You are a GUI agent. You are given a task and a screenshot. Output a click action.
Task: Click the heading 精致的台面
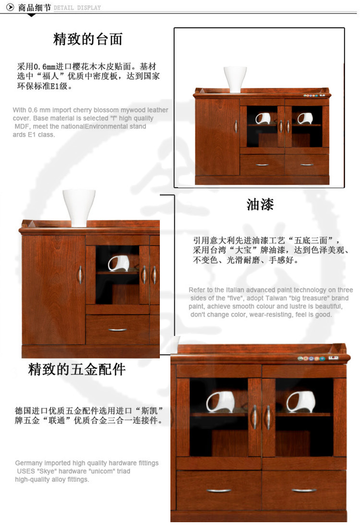click(88, 39)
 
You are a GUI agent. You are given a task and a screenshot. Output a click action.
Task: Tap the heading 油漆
click(260, 204)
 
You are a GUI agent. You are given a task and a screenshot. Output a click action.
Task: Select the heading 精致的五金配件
click(77, 369)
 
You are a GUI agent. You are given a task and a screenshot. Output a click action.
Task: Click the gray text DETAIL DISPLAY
click(77, 8)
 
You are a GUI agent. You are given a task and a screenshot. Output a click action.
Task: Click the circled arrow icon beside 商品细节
click(11, 7)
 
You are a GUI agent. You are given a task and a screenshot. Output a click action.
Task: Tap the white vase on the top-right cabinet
click(235, 79)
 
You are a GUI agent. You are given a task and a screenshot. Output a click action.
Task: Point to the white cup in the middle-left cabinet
click(119, 263)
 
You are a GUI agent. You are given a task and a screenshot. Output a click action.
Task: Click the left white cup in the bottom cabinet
click(220, 402)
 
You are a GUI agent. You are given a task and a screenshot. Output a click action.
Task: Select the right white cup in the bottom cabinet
click(301, 402)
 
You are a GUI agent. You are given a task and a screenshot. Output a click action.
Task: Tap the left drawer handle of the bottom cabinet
click(218, 491)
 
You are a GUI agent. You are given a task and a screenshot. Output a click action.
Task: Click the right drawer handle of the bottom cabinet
click(304, 491)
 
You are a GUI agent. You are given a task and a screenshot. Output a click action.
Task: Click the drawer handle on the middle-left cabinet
click(118, 330)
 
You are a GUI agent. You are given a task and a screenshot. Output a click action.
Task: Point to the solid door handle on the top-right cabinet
click(236, 126)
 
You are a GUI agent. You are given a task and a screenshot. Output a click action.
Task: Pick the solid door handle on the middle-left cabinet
click(80, 275)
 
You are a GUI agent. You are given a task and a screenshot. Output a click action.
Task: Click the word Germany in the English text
click(29, 463)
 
